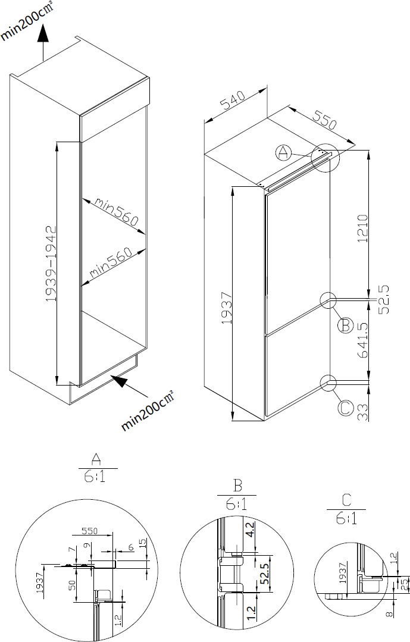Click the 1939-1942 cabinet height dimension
click(x=51, y=264)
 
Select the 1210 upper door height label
click(x=363, y=228)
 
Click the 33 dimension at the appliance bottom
click(x=363, y=412)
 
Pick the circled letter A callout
click(x=283, y=153)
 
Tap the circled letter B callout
click(x=345, y=325)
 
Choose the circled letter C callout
click(x=345, y=408)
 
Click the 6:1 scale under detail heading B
click(x=237, y=504)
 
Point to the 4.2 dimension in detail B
click(x=249, y=530)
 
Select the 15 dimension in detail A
click(x=143, y=544)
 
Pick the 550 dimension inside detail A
click(x=90, y=531)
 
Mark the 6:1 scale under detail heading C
click(x=346, y=519)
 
